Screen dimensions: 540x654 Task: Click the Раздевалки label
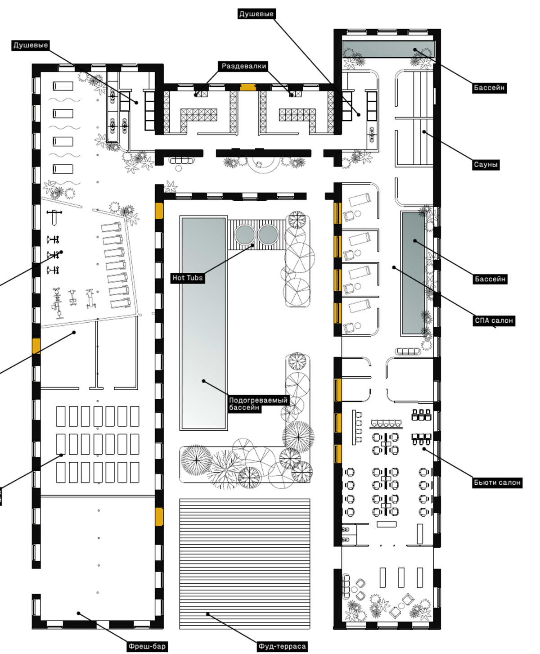pyautogui.click(x=243, y=66)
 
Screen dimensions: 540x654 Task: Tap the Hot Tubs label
pyautogui.click(x=187, y=278)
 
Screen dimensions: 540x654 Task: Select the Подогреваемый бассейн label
pyautogui.click(x=258, y=404)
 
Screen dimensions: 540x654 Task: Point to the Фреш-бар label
pyautogui.click(x=147, y=646)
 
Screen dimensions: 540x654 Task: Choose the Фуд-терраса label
pyautogui.click(x=282, y=646)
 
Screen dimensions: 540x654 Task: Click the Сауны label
pyautogui.click(x=486, y=164)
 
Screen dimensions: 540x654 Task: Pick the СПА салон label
pyautogui.click(x=494, y=320)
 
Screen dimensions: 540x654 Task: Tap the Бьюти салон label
pyautogui.click(x=497, y=483)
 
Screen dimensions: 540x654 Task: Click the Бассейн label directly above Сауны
pyautogui.click(x=489, y=88)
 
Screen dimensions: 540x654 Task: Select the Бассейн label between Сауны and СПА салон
pyautogui.click(x=490, y=279)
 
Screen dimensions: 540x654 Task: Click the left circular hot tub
pyautogui.click(x=245, y=235)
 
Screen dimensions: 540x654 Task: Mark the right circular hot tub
pyautogui.click(x=268, y=235)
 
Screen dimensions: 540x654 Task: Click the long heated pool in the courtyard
pyautogui.click(x=203, y=323)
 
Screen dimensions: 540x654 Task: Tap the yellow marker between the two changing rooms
pyautogui.click(x=248, y=87)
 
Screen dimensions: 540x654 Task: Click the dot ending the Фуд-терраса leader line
pyautogui.click(x=207, y=614)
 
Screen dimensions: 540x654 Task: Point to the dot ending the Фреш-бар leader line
pyautogui.click(x=79, y=613)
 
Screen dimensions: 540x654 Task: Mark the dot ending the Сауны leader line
pyautogui.click(x=424, y=132)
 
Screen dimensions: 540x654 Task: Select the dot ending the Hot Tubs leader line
pyautogui.click(x=253, y=246)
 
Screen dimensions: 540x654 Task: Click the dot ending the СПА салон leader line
pyautogui.click(x=394, y=267)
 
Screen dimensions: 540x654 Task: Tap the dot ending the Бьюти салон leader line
pyautogui.click(x=424, y=449)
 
